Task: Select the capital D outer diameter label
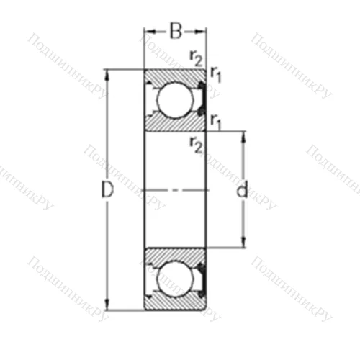point(107,191)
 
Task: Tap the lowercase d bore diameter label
point(242,191)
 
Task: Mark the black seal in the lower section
point(202,279)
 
